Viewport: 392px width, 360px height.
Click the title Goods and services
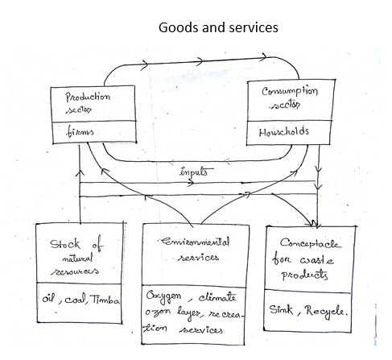click(x=219, y=27)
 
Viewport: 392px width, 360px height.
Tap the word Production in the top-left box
click(x=88, y=97)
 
